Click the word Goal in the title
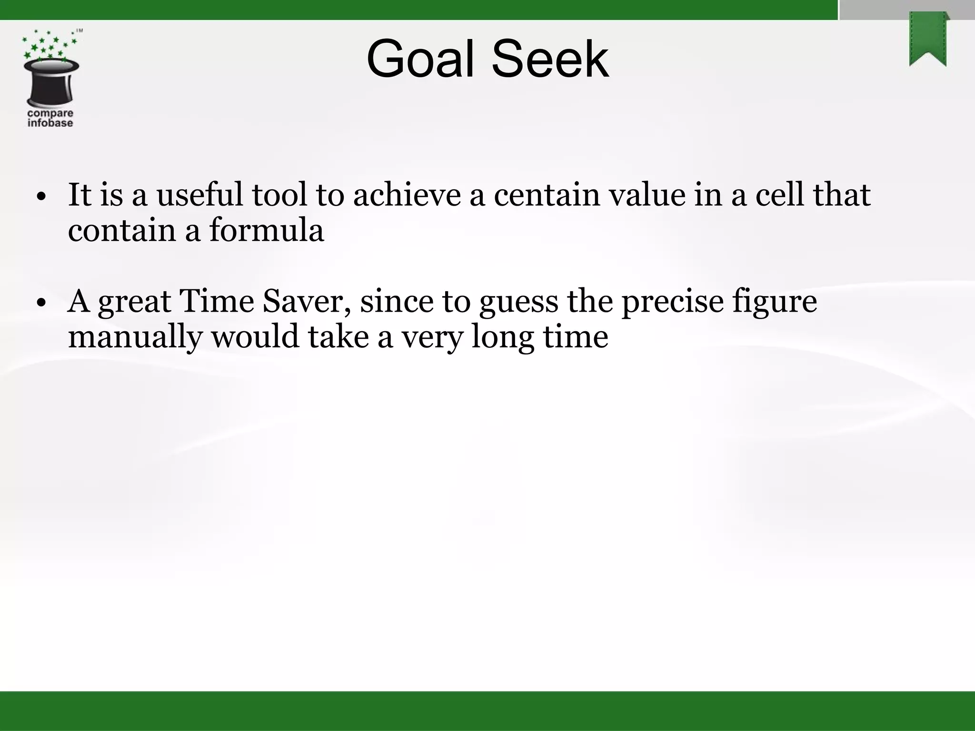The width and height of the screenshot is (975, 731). [x=424, y=59]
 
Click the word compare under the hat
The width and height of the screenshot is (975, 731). [x=50, y=113]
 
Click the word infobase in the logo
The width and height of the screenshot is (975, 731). [x=50, y=123]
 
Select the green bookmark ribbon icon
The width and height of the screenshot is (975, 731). [x=928, y=39]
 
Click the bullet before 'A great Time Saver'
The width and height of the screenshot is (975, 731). [x=42, y=303]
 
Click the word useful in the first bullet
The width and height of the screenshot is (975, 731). [x=200, y=195]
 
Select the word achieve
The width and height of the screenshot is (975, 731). [x=407, y=195]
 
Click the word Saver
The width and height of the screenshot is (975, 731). [x=307, y=302]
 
